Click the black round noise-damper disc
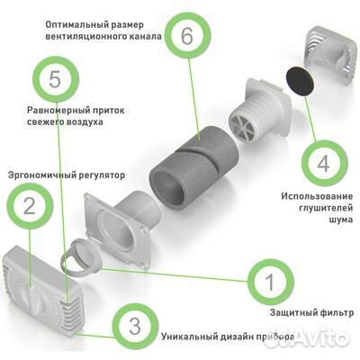[301, 81]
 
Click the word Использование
[317, 196]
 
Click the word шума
[342, 220]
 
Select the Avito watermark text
[323, 338]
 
